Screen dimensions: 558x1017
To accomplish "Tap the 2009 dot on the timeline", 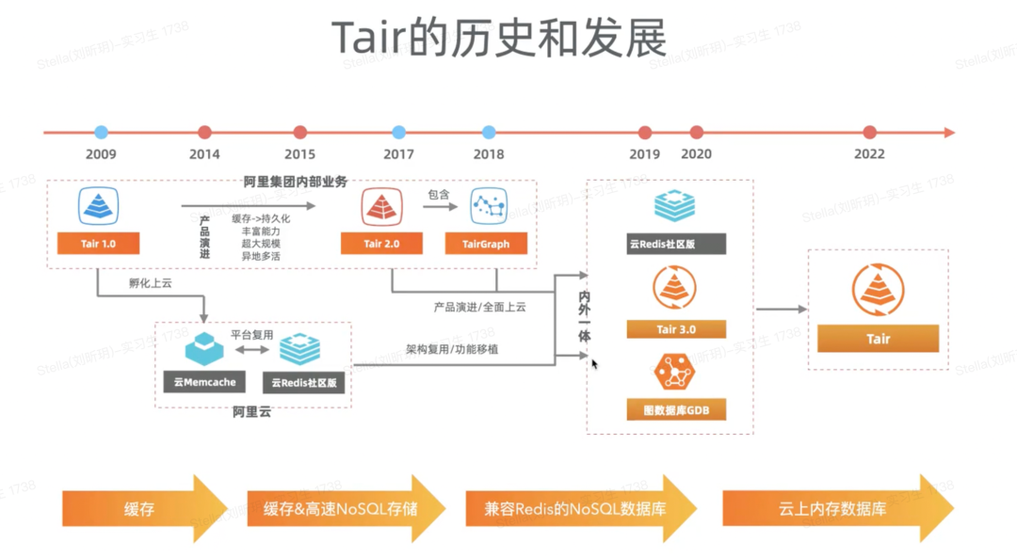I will [x=101, y=133].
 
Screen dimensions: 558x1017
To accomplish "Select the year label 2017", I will [x=398, y=154].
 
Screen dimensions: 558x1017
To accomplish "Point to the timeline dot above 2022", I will [x=869, y=133].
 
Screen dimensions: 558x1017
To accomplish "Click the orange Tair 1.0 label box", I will [x=98, y=244].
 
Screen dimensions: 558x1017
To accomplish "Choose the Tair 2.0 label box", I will [x=380, y=244].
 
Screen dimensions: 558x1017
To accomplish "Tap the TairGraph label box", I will [x=486, y=244].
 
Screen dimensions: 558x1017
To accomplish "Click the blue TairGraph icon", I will [x=488, y=206].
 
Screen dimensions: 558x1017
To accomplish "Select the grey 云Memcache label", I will [x=204, y=383].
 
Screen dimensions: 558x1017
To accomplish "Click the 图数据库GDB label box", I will [x=676, y=410].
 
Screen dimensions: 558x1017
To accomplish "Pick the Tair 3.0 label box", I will [x=676, y=329].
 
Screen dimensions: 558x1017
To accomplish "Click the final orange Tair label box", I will [x=878, y=339].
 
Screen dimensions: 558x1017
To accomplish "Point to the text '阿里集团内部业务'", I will [x=295, y=181].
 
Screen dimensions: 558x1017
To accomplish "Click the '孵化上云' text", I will [x=151, y=282].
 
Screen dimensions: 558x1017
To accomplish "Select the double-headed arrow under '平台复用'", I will [x=251, y=350].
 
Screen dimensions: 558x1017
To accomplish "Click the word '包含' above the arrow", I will [x=439, y=195].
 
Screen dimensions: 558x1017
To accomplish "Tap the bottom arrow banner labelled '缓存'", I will [x=141, y=509].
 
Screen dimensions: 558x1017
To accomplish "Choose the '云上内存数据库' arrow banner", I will [x=833, y=509].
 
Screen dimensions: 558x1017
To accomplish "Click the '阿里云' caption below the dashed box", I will [x=251, y=411].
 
